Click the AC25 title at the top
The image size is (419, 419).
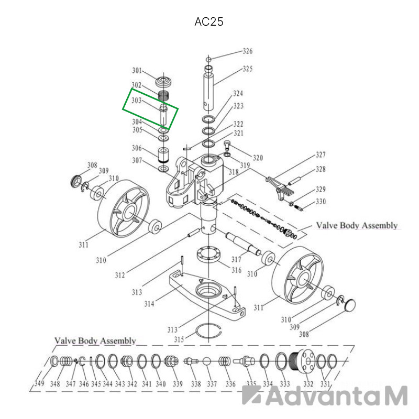click(x=208, y=22)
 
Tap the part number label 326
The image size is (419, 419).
click(x=247, y=51)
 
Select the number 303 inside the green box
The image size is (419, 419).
click(x=136, y=101)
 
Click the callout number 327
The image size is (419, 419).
click(x=321, y=155)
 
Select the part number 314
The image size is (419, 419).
click(x=149, y=304)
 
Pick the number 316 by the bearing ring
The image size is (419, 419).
click(x=237, y=270)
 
